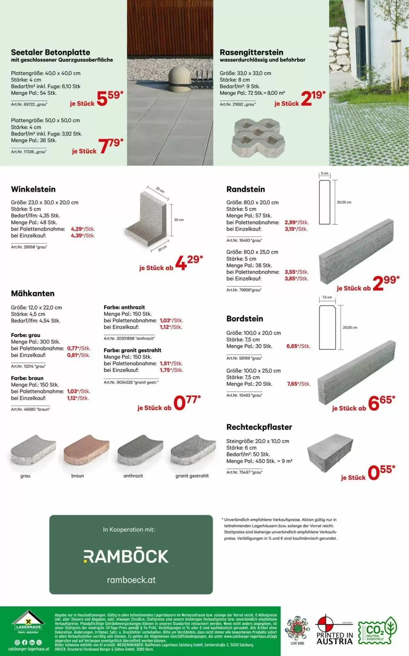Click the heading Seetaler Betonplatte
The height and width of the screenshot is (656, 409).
pos(50,52)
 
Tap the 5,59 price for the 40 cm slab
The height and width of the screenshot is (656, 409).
pos(109,98)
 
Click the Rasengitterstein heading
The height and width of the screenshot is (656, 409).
pos(251,52)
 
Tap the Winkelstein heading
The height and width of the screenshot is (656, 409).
pos(33,189)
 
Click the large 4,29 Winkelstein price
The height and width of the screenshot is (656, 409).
pos(189,262)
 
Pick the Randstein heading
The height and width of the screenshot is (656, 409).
pos(245,189)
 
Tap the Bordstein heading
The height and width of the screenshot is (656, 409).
pos(245,319)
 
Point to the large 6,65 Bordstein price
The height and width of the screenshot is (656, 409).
pos(381,403)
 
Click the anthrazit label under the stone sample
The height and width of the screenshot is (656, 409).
pos(133,476)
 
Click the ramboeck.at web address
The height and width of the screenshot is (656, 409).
pos(131,580)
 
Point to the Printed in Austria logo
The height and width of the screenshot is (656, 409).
pos(335,630)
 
